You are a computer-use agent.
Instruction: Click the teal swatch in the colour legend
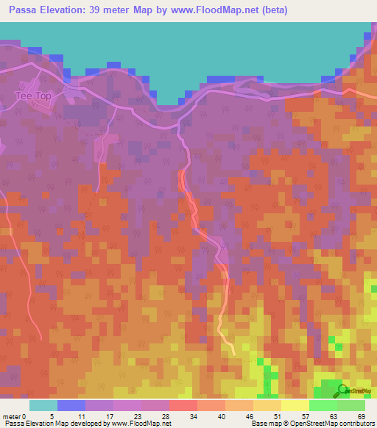43,405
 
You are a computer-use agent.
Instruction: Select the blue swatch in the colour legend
71,405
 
